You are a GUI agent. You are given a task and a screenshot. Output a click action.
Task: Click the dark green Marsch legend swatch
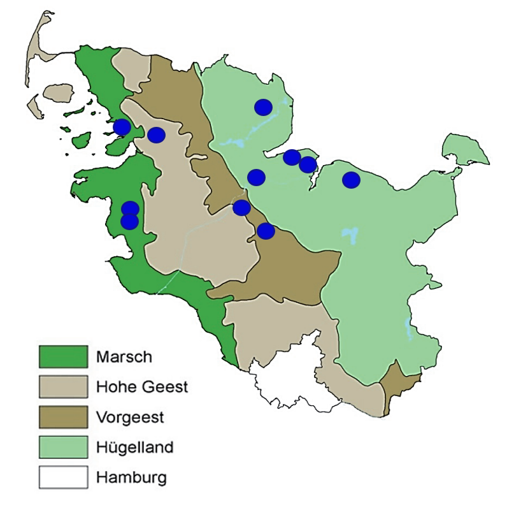(x=63, y=356)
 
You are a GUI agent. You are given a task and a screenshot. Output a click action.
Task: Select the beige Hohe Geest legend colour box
(x=63, y=386)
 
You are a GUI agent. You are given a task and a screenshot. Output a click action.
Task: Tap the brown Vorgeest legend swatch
(x=63, y=417)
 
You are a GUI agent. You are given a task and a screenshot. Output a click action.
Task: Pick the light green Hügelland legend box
(x=63, y=447)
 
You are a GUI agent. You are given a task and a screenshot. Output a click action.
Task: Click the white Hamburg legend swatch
(x=63, y=477)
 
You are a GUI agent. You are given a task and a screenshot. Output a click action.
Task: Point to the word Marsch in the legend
(x=124, y=357)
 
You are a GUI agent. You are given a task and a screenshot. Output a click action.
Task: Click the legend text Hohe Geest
(x=142, y=386)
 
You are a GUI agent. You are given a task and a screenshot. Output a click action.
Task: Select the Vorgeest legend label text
(x=130, y=417)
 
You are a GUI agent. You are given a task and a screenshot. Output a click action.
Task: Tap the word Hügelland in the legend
(x=134, y=447)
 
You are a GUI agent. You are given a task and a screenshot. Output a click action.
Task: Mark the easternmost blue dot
(x=351, y=180)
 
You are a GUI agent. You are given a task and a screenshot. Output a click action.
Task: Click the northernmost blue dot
(x=263, y=107)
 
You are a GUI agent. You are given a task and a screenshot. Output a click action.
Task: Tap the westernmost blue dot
(x=122, y=127)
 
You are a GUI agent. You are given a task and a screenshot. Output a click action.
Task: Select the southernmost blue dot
(x=266, y=231)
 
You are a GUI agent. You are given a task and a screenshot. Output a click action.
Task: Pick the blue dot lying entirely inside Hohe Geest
(x=156, y=135)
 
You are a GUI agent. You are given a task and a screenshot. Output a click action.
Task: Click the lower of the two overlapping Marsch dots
(x=130, y=222)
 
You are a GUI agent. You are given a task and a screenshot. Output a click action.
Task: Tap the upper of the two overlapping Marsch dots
(x=130, y=208)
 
